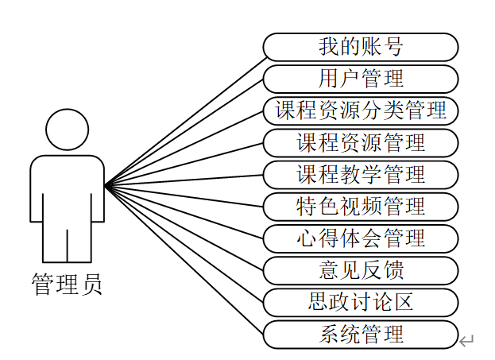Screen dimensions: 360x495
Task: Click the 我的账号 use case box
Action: coord(361,47)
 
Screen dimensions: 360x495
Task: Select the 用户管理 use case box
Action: coord(361,79)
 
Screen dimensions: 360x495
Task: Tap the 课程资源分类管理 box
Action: coord(361,110)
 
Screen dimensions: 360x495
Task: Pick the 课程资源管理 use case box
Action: coord(361,143)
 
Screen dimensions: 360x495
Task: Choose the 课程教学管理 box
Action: coord(361,175)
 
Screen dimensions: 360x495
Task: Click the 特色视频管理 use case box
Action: coord(361,207)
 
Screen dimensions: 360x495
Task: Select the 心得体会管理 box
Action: coord(361,238)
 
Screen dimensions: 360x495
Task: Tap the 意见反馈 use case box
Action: coord(361,270)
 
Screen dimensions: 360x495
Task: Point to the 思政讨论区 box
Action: coord(361,302)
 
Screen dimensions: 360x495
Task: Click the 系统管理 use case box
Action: coord(361,335)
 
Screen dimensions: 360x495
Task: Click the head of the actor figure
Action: coord(67,130)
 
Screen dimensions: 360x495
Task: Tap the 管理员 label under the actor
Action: coord(67,284)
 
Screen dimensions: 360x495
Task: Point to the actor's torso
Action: coord(67,191)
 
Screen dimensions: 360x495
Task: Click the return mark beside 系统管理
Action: coord(466,342)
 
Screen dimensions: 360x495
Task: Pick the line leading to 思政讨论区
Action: coord(184,242)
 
